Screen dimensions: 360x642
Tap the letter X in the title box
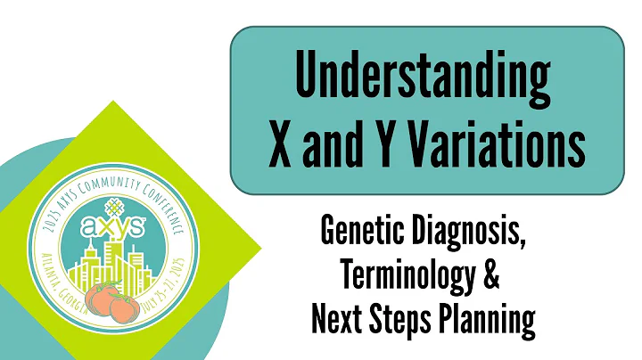pos(277,143)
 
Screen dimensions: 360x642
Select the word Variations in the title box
pos(493,143)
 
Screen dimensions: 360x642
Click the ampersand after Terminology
pos(490,277)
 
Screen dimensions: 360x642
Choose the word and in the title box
pos(333,143)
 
